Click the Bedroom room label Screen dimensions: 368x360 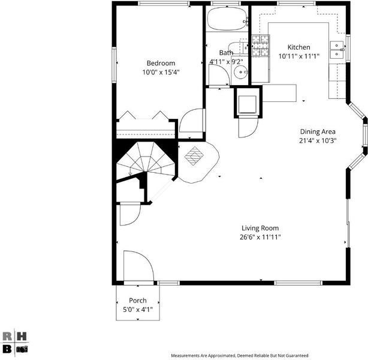tap(161, 63)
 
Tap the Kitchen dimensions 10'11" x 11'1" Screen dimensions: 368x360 tap(298, 56)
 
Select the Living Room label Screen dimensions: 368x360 tap(260, 228)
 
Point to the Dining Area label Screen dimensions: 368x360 tap(318, 131)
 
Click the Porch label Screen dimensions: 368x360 tap(138, 301)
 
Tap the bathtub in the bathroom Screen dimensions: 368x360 tap(227, 19)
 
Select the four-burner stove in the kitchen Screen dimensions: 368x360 tap(261, 46)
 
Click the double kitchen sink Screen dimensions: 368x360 tap(337, 50)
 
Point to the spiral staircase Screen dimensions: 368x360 tap(146, 160)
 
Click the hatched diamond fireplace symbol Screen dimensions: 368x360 tap(194, 156)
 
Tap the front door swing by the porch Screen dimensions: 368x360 tap(138, 266)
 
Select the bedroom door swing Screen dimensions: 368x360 tap(191, 123)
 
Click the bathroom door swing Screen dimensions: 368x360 tap(219, 75)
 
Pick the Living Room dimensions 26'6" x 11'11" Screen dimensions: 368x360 tap(260, 237)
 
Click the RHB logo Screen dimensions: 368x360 tap(14, 343)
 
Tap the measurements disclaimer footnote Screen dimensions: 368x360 tap(240, 356)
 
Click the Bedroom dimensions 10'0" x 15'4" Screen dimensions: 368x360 tap(161, 72)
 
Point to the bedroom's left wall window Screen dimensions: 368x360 tap(114, 65)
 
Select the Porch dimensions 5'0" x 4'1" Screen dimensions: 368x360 tap(138, 310)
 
